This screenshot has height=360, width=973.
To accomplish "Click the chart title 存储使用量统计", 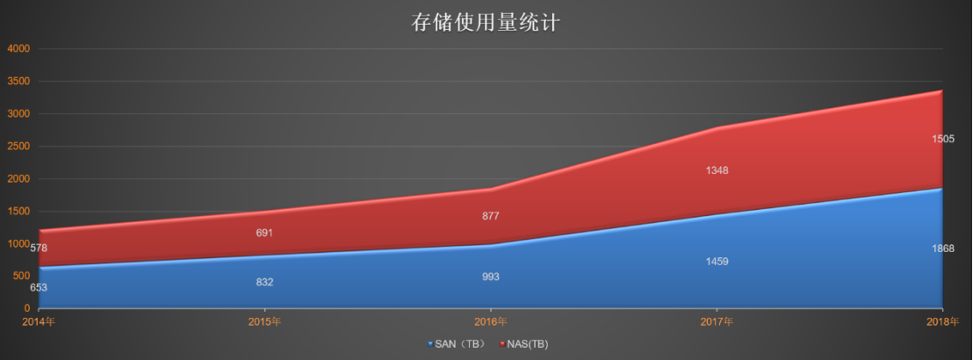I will (486, 22).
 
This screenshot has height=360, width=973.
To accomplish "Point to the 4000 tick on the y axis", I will (20, 49).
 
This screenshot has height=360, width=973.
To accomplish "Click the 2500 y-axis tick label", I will (20, 147).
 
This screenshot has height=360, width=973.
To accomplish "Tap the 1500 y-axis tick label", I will (20, 212).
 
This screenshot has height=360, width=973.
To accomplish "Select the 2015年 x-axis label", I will (264, 321).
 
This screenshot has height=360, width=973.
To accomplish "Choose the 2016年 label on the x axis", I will (491, 321).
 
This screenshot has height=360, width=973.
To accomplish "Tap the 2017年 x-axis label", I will (717, 321).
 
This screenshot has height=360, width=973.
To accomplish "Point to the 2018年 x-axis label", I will (942, 321).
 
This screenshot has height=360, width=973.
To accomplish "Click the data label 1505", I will (942, 139).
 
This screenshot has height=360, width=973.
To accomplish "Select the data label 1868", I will (942, 249).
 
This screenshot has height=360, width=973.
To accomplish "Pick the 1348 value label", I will (717, 170).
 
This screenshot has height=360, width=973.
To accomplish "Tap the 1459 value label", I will (717, 262).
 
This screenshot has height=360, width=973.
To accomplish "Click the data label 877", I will (491, 216).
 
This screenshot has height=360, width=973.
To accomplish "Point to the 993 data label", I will (491, 277).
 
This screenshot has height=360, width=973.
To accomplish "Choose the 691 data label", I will (264, 234).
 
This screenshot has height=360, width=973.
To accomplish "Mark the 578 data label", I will (39, 248).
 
